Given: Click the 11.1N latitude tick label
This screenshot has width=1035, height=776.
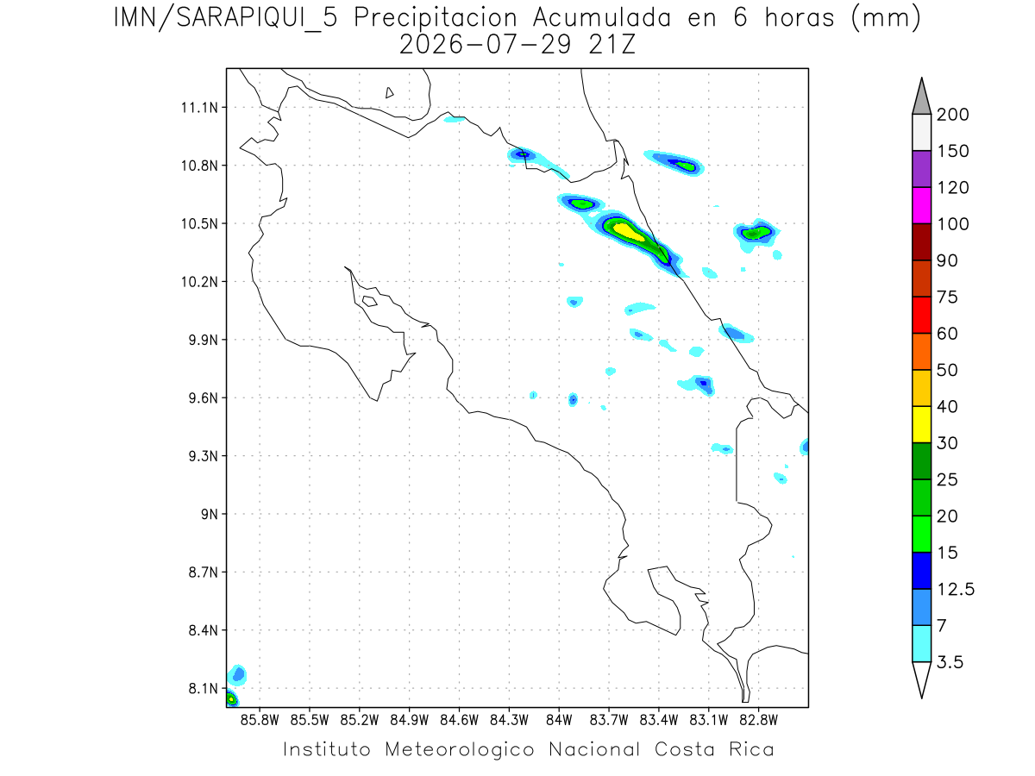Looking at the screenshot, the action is click(199, 108).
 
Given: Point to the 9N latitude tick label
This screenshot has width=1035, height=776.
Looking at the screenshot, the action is click(209, 514).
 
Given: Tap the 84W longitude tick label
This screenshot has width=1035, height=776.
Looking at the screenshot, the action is click(558, 720).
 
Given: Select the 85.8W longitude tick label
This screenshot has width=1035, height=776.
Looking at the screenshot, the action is click(260, 720).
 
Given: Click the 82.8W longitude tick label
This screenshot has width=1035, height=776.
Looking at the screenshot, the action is click(758, 720).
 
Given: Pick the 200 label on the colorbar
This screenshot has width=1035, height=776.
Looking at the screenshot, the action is click(952, 115).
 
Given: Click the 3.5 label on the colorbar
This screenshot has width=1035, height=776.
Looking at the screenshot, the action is click(950, 662).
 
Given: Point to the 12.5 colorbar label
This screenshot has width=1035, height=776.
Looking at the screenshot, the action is click(955, 589).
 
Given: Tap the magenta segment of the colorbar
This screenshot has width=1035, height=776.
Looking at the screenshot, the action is click(921, 205).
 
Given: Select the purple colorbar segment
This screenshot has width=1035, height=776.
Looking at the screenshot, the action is click(921, 169).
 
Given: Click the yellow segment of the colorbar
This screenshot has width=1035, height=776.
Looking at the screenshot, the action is click(921, 424).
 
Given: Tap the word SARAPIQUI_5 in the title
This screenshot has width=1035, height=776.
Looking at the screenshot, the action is click(257, 19).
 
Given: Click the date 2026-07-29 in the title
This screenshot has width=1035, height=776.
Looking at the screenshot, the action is click(485, 45).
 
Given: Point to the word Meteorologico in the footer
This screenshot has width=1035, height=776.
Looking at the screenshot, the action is click(459, 749).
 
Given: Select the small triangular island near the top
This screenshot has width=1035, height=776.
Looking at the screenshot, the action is click(389, 92).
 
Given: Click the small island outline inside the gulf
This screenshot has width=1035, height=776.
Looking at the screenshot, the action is click(370, 301).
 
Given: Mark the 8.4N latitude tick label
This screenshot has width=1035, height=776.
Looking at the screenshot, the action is click(204, 630).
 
